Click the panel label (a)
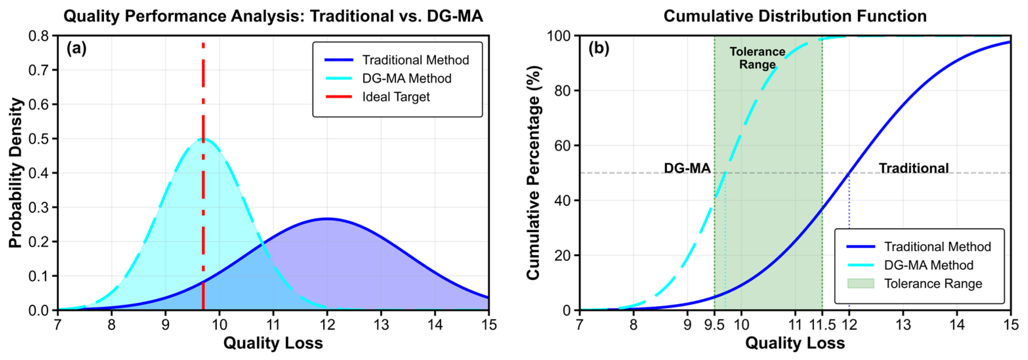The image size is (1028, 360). click(x=76, y=48)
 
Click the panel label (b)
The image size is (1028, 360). click(x=599, y=48)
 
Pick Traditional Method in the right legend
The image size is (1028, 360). click(x=937, y=247)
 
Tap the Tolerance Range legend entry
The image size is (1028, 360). click(x=933, y=284)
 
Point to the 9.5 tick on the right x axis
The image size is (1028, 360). click(x=714, y=325)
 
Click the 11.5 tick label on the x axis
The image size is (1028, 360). click(x=822, y=325)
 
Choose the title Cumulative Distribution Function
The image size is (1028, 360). click(x=794, y=16)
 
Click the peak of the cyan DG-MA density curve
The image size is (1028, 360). click(x=203, y=139)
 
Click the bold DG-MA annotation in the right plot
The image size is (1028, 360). click(x=687, y=168)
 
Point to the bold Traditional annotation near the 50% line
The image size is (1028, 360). click(x=914, y=168)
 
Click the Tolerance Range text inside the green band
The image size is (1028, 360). click(x=757, y=58)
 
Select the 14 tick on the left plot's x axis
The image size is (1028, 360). click(x=435, y=325)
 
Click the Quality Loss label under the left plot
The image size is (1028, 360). click(x=273, y=343)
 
